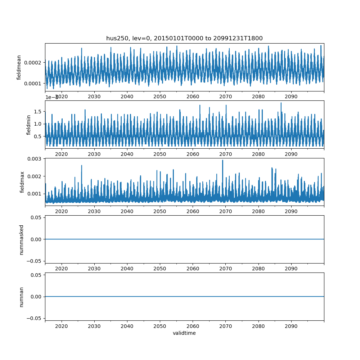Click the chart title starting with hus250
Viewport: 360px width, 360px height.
[184, 38]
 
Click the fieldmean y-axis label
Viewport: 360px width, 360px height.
[19, 67]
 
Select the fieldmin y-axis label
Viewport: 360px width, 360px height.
[29, 125]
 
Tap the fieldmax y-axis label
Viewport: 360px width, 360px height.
[22, 182]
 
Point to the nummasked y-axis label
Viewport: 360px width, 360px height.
[21, 239]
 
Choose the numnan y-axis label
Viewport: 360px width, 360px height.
[21, 297]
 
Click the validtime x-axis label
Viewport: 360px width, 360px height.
[184, 333]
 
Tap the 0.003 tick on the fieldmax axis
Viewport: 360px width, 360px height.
[36, 159]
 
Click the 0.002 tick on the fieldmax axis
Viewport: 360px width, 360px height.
[36, 176]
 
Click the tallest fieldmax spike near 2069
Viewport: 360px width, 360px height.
[222, 161]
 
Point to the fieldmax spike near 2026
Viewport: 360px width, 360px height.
[82, 166]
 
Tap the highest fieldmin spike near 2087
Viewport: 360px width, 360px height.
[281, 103]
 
